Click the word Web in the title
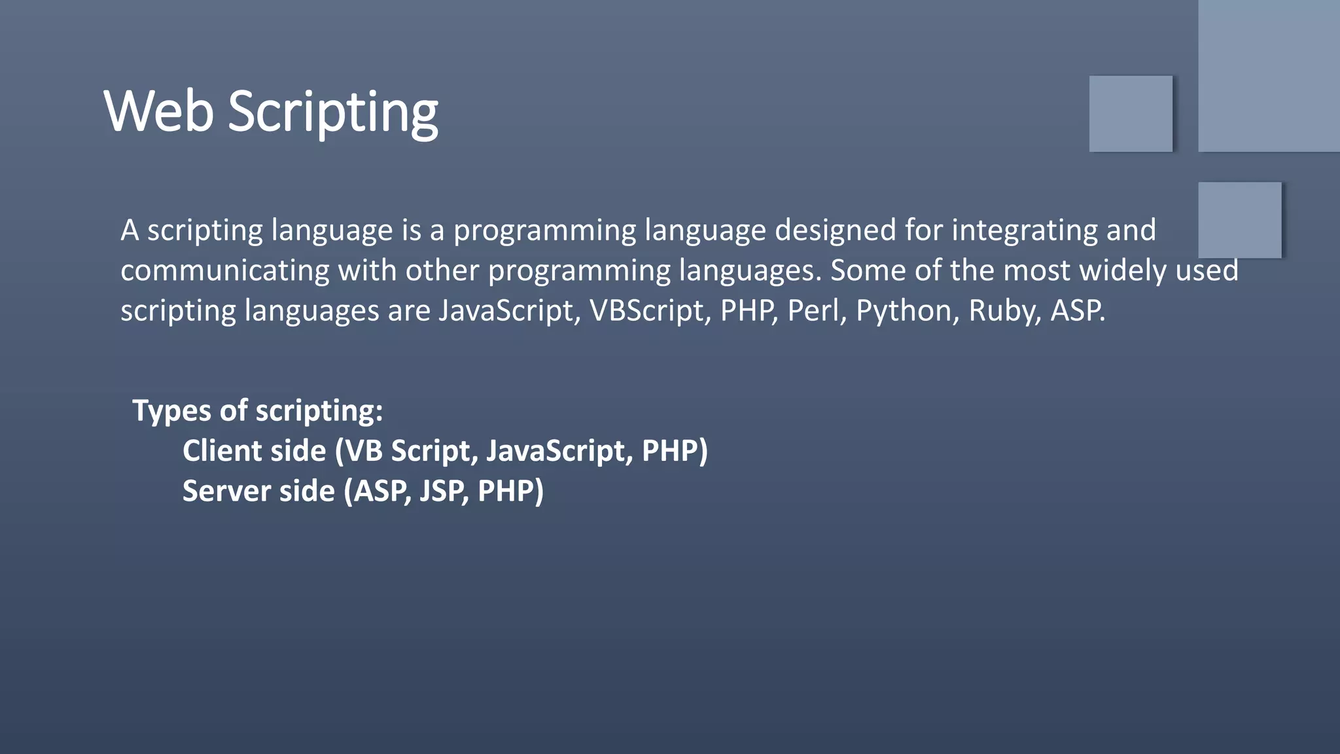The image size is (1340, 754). tap(158, 111)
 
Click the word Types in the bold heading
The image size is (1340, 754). tap(171, 411)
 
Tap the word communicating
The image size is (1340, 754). tap(224, 270)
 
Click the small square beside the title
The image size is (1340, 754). tap(1131, 114)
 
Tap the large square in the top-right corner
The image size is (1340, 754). tap(1268, 75)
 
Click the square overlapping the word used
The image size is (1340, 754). tap(1239, 220)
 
